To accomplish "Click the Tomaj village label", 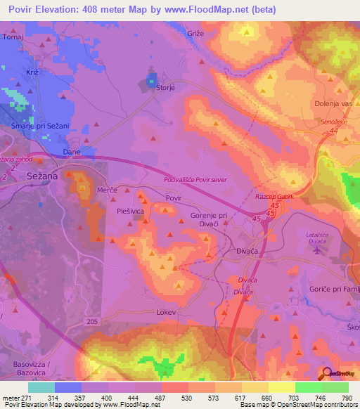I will point(13,37).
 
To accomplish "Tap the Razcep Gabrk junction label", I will point(274,198).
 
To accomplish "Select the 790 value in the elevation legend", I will point(347,398).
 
